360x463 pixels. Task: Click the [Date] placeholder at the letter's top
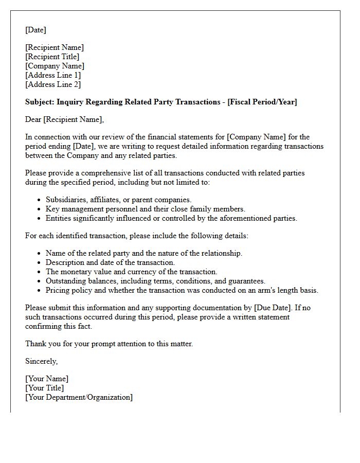coord(35,30)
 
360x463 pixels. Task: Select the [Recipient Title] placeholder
coord(52,57)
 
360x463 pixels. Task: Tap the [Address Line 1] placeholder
coord(53,75)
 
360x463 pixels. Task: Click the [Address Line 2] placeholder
coord(53,84)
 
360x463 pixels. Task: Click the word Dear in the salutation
coord(33,119)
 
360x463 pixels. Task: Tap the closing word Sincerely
coord(41,361)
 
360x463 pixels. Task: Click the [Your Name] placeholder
coord(47,379)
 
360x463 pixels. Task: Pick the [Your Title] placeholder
coord(45,388)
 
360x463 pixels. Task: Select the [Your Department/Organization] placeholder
coord(79,397)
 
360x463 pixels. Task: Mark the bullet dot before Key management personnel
coord(40,209)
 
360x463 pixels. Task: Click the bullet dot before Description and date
coord(40,263)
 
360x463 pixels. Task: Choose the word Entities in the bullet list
coord(59,218)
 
